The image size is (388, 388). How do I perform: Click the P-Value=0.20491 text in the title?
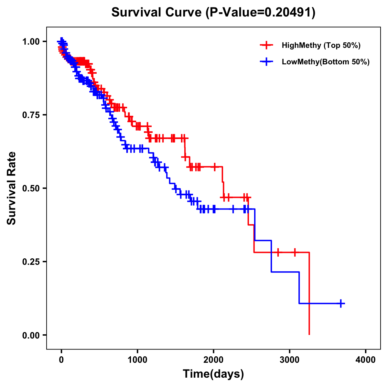pyautogui.click(x=261, y=13)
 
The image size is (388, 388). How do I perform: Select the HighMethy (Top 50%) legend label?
pyautogui.click(x=321, y=45)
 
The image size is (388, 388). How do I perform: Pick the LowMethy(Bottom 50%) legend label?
pyautogui.click(x=326, y=62)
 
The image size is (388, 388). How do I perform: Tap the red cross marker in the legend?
pyautogui.click(x=266, y=45)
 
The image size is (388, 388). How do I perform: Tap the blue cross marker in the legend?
pyautogui.click(x=266, y=62)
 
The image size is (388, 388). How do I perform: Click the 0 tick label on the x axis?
pyautogui.click(x=61, y=360)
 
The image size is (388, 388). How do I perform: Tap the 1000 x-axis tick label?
pyautogui.click(x=137, y=360)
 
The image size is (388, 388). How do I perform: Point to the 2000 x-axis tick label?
pyautogui.click(x=213, y=360)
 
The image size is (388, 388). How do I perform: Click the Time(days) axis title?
pyautogui.click(x=213, y=374)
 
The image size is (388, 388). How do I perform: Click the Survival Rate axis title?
pyautogui.click(x=12, y=188)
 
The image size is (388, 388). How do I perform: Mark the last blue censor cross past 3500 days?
pyautogui.click(x=341, y=303)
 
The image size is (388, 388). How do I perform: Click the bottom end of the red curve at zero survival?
pyautogui.click(x=309, y=334)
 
